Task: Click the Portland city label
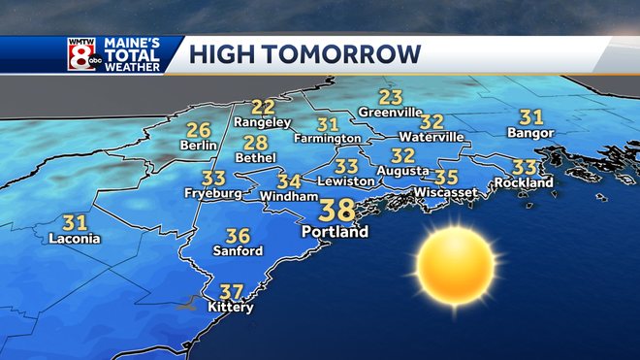336,233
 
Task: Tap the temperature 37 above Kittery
231,291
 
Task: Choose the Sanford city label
238,251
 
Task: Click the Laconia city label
75,239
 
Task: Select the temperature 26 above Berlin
199,130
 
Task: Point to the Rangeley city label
263,122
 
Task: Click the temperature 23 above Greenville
390,97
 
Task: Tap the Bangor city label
530,133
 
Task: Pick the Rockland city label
523,182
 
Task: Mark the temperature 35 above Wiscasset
446,177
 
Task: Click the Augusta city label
402,171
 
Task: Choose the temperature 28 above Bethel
255,143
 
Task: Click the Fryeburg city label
212,193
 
